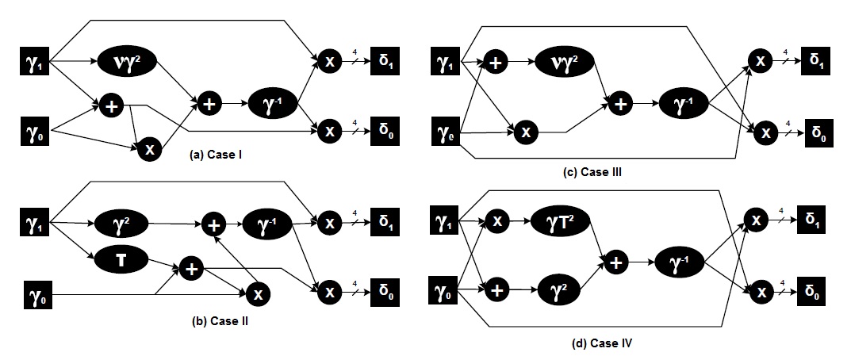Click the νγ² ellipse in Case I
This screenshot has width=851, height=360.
point(127,59)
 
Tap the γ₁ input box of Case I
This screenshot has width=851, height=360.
point(34,59)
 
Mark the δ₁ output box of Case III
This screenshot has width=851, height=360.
point(814,60)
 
